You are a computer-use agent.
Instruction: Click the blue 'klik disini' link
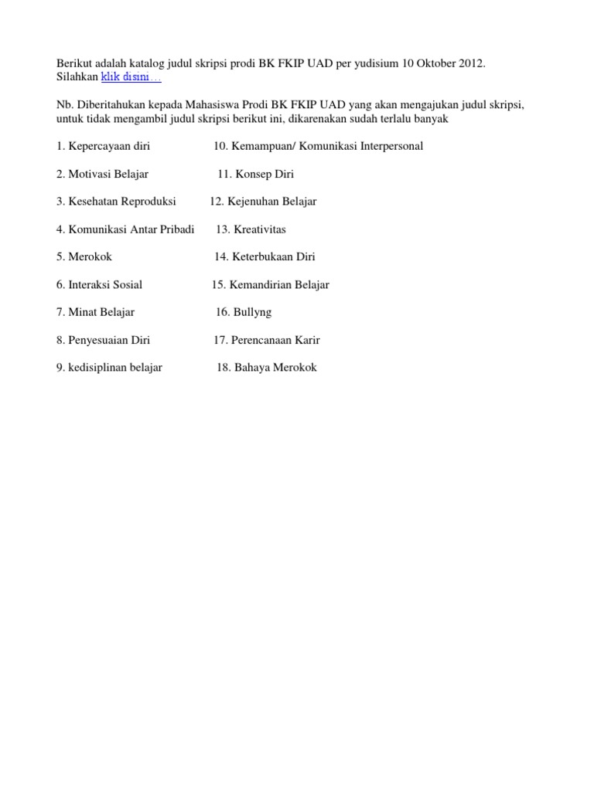tap(131, 78)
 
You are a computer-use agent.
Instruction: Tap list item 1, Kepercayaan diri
tap(103, 146)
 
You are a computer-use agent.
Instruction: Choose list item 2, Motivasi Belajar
tap(102, 174)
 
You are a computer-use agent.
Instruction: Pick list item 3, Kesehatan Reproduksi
tap(116, 202)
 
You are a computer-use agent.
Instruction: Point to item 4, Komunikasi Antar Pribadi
tap(125, 229)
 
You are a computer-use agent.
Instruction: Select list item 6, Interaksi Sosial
tap(99, 285)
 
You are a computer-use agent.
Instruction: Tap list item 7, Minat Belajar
tap(95, 313)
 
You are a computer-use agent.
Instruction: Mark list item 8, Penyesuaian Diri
tap(103, 341)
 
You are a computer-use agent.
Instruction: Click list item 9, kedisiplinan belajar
tap(109, 368)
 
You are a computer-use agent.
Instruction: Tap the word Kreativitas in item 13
tap(261, 229)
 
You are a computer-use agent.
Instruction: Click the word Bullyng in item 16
tap(254, 313)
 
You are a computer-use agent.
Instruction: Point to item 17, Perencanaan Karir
tap(267, 341)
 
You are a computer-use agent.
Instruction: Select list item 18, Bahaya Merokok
tap(267, 368)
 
